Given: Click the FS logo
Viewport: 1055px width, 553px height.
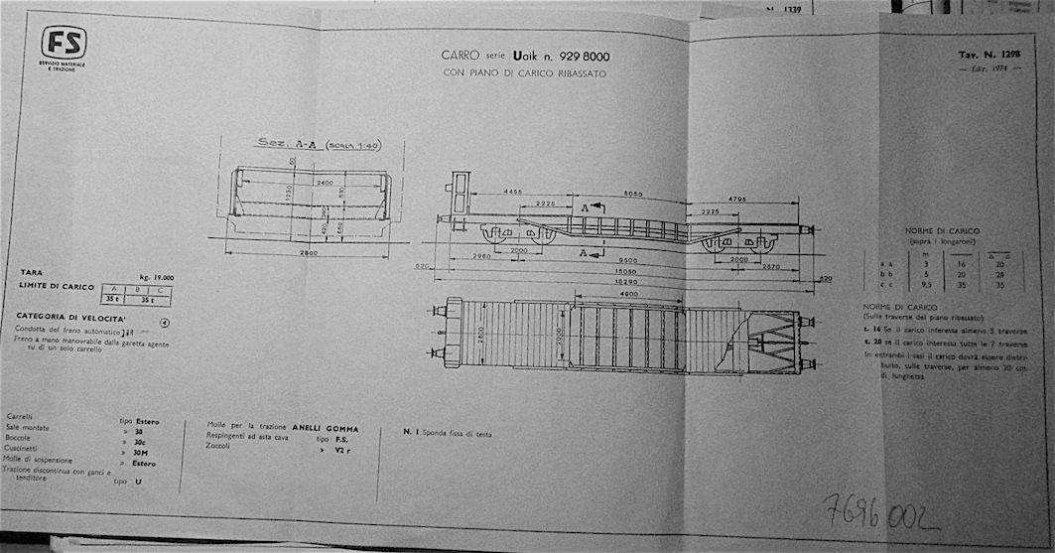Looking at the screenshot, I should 65,43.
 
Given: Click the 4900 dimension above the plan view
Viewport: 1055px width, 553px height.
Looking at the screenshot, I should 627,295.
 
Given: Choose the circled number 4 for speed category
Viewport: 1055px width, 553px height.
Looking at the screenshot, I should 166,322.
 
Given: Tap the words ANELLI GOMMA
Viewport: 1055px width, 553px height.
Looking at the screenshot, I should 325,429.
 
